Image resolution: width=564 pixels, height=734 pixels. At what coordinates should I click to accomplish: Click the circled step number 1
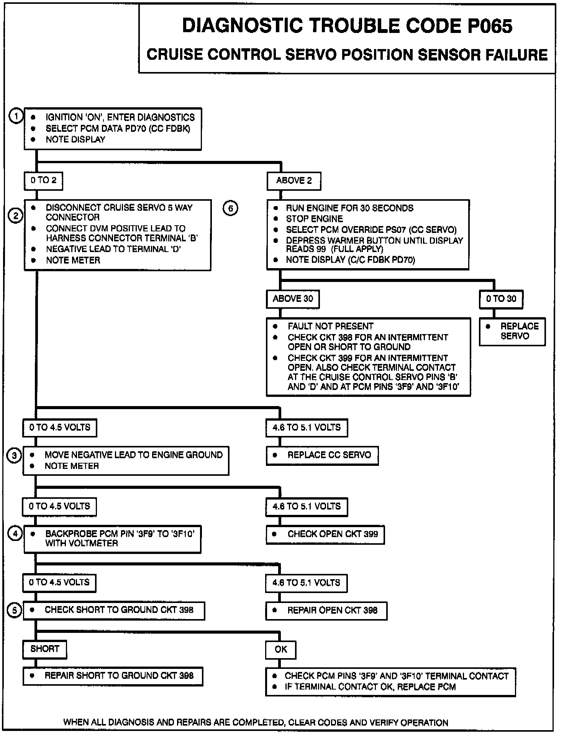pyautogui.click(x=16, y=116)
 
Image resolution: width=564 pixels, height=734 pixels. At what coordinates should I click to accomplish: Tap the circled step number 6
pyautogui.click(x=230, y=208)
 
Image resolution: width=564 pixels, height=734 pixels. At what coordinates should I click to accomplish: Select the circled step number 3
pyautogui.click(x=15, y=456)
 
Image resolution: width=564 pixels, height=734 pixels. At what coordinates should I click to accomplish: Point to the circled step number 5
pyautogui.click(x=15, y=611)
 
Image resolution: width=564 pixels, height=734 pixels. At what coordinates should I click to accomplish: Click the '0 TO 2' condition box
pyautogui.click(x=43, y=180)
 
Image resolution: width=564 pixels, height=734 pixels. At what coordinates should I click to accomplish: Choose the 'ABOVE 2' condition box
pyautogui.click(x=294, y=181)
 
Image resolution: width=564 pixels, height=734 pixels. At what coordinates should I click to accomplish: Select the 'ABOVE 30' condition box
pyautogui.click(x=293, y=299)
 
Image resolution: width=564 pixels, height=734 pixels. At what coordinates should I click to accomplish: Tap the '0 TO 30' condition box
pyautogui.click(x=501, y=299)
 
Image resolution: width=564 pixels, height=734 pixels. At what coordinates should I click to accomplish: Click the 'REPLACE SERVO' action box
pyautogui.click(x=512, y=332)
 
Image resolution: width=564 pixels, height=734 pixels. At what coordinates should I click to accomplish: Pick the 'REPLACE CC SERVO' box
pyautogui.click(x=322, y=455)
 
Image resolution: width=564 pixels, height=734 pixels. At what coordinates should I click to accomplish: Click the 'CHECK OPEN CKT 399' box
pyautogui.click(x=325, y=534)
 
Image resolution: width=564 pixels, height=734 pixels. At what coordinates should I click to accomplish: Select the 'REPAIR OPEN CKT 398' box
pyautogui.click(x=326, y=611)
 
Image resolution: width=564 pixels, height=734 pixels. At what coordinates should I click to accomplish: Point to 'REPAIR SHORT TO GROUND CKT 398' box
pyautogui.click(x=113, y=676)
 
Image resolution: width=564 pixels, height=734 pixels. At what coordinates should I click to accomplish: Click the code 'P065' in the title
pyautogui.click(x=489, y=26)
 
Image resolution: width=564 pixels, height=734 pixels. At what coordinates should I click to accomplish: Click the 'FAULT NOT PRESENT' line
pyautogui.click(x=330, y=326)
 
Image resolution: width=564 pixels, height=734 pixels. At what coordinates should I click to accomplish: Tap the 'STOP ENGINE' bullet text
pyautogui.click(x=314, y=219)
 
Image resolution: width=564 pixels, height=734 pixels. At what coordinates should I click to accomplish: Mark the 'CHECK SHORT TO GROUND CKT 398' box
pyautogui.click(x=114, y=611)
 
